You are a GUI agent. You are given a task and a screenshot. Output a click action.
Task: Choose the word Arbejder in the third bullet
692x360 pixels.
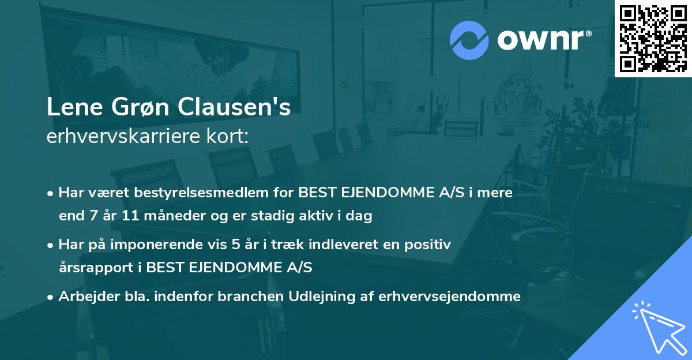[83, 297]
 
